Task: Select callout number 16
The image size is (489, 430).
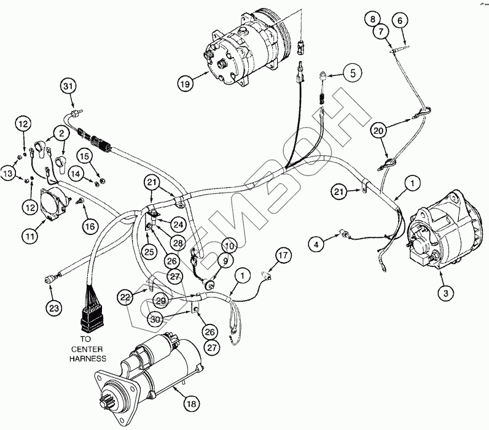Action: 89,226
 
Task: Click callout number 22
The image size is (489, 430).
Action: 125,298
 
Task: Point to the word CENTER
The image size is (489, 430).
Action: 89,348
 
